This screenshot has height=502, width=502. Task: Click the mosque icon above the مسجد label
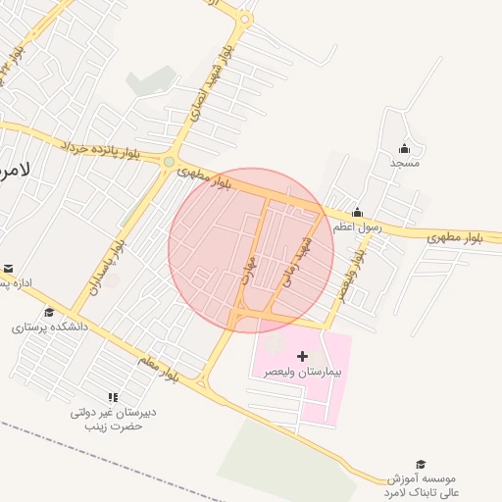[x=404, y=149]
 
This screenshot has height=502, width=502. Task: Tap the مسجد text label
[x=404, y=163]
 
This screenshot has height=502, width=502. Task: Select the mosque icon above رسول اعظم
[x=357, y=212]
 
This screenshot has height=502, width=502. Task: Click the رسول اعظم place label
[x=355, y=226]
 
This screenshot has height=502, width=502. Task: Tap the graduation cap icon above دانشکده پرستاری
[x=49, y=313]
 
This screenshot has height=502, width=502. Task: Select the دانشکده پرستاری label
[x=49, y=327]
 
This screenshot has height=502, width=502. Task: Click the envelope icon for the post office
[x=8, y=269]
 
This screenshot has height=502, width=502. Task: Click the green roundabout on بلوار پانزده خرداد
[x=169, y=162]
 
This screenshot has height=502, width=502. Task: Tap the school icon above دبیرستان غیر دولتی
[x=113, y=397]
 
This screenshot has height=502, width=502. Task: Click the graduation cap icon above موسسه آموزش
[x=422, y=464]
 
